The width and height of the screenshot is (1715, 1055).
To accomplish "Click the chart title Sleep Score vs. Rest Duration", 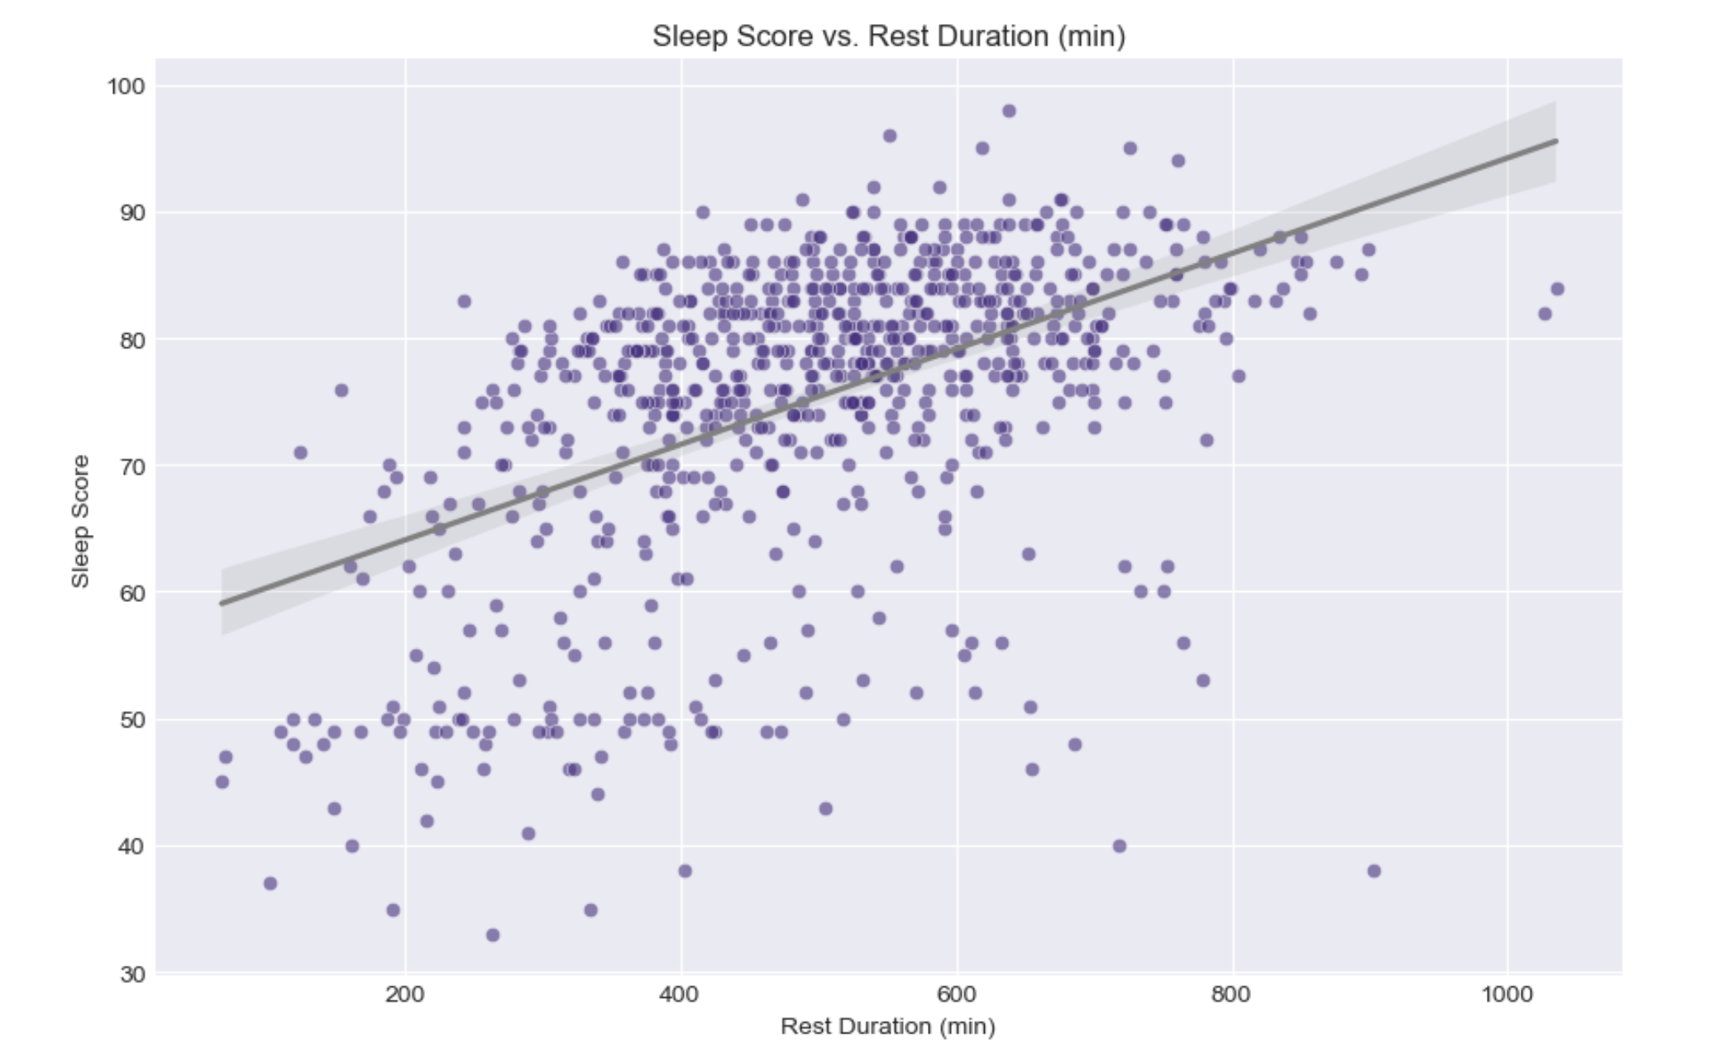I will (x=888, y=36).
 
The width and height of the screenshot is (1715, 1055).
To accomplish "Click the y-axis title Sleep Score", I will (x=80, y=521).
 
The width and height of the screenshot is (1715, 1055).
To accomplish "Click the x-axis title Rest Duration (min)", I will (x=887, y=1026).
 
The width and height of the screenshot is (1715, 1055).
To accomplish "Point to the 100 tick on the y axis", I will (x=126, y=86).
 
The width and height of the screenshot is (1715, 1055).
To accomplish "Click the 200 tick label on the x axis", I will (x=405, y=993).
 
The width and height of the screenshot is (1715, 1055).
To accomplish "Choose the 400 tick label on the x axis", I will (x=681, y=993).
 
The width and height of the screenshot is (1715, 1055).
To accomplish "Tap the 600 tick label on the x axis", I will (x=957, y=993).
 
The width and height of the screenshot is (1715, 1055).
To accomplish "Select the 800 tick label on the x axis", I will (x=1232, y=993).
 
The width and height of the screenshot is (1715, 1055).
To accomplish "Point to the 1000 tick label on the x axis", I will (x=1507, y=993).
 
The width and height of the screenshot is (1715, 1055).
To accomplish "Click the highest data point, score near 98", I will (x=1009, y=111).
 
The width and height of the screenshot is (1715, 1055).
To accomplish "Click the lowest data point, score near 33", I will (x=493, y=935).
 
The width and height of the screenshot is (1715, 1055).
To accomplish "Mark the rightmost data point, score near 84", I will (x=1557, y=289).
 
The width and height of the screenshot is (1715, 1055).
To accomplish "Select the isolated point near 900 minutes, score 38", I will (x=1374, y=871).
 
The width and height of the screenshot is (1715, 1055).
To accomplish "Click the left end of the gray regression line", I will (x=222, y=604).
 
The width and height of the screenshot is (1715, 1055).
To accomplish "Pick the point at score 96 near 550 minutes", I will (x=890, y=136).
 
